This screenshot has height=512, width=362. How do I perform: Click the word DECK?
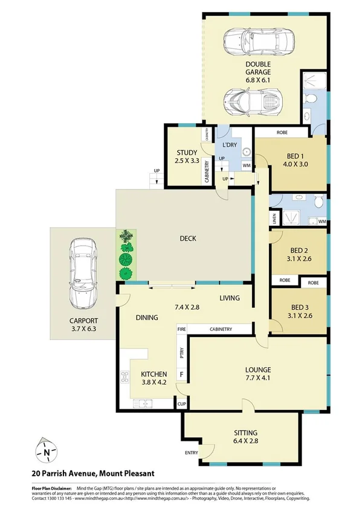point(187,238)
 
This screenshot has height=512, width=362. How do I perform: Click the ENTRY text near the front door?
point(191,453)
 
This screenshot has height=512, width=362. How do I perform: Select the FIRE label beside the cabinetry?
point(181,329)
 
